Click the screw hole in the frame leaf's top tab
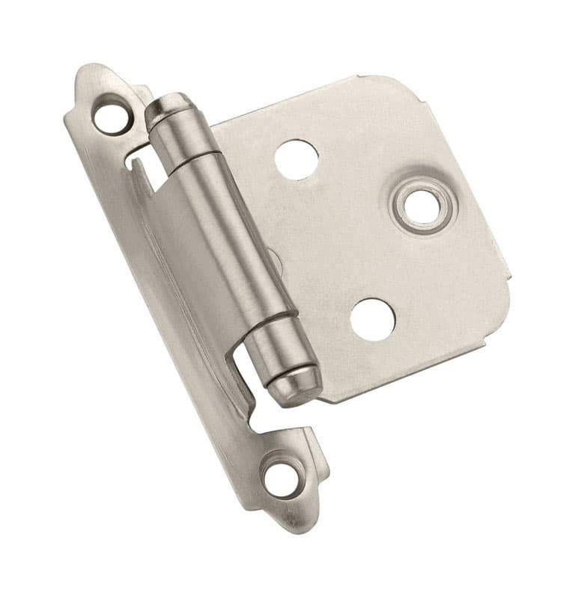coord(110,116)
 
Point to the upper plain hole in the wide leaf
coord(296,158)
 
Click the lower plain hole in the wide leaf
coord(372,319)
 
